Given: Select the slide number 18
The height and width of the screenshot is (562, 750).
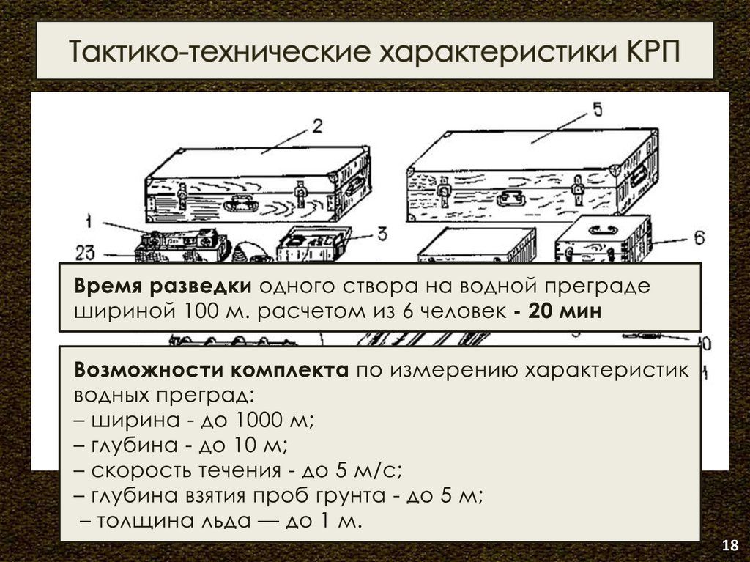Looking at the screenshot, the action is pyautogui.click(x=730, y=545).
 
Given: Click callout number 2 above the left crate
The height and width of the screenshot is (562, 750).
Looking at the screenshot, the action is pyautogui.click(x=317, y=126).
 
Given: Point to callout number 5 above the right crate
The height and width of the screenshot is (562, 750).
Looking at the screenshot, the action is pyautogui.click(x=598, y=110).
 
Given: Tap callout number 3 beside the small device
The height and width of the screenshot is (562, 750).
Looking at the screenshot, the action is pyautogui.click(x=382, y=234).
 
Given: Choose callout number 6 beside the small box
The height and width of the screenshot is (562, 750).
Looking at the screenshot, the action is pyautogui.click(x=699, y=237).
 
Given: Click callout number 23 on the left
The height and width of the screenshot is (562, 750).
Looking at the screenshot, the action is pyautogui.click(x=86, y=253).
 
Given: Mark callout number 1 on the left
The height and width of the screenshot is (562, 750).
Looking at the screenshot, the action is pyautogui.click(x=89, y=221).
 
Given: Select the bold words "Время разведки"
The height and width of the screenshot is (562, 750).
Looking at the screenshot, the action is pyautogui.click(x=163, y=286).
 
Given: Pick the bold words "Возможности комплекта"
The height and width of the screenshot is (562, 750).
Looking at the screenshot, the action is pyautogui.click(x=212, y=370).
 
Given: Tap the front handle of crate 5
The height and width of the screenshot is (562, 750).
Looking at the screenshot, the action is pyautogui.click(x=510, y=197).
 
